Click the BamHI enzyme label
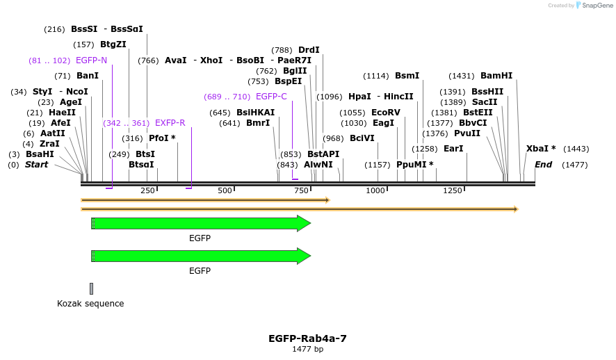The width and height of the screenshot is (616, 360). coord(496,76)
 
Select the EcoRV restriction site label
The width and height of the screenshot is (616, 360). coord(386,112)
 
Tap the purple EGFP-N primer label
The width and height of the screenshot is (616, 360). coord(91,60)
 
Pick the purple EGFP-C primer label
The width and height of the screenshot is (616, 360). coord(271,97)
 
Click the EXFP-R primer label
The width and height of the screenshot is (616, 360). coord(170,123)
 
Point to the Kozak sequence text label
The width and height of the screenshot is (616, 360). coord(90,303)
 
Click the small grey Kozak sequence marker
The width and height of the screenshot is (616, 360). coord(91,288)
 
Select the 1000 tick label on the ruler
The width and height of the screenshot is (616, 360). coord(375,190)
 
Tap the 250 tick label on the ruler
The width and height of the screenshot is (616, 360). coord(148,190)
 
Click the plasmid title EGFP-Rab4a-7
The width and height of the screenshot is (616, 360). coord(307,338)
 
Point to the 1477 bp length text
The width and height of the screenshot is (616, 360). coord(307,349)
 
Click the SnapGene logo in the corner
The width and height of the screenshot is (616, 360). coord(588,5)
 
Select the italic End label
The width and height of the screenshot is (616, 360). coord(543,165)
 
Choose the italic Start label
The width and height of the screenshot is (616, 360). coord(37,165)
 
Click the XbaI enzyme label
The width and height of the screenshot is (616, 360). coord(541,149)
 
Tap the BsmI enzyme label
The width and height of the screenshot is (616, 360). coord(407,76)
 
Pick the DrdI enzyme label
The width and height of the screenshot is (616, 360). coord(309,50)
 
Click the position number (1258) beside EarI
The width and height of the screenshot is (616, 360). coord(425,149)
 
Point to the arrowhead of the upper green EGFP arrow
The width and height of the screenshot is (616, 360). coord(304,223)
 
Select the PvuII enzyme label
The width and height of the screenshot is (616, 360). coord(467,133)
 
